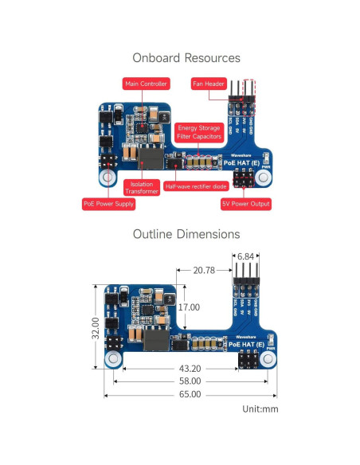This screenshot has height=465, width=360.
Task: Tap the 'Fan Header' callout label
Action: [209, 84]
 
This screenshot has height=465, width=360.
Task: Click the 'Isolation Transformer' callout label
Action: [142, 187]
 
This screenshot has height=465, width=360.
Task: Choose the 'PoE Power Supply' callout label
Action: [108, 204]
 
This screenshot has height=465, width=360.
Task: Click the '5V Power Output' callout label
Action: [245, 204]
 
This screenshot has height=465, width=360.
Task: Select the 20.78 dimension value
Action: [204, 271]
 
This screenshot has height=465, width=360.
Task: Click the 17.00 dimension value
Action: [189, 307]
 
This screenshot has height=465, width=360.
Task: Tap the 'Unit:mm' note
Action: [260, 409]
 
